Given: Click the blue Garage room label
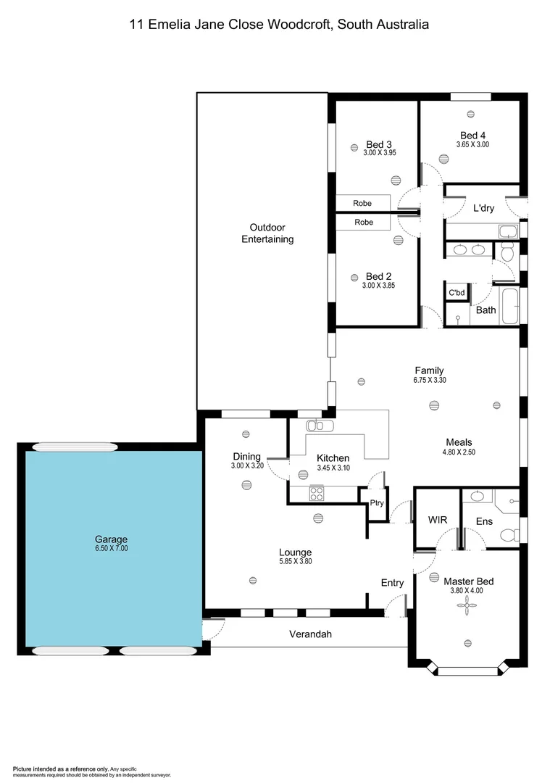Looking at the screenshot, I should tap(111, 539).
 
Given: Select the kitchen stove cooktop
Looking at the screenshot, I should tap(317, 493).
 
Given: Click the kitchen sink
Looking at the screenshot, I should tap(319, 426).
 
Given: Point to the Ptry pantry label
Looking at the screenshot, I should tap(377, 503).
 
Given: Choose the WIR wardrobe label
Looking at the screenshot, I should tap(438, 521).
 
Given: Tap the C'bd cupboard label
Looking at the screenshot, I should tap(457, 293).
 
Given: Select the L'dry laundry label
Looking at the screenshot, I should tap(483, 208).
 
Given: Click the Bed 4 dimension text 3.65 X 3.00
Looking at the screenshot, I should tap(472, 144).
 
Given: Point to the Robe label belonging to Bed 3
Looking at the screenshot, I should tap(363, 204).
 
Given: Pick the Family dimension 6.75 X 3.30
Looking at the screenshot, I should tap(429, 379).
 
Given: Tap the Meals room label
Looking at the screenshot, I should tap(459, 442).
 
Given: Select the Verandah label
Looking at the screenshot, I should tap(312, 634).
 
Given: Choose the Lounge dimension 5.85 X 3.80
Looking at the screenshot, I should tap(295, 561).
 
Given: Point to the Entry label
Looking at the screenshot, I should tap(392, 583).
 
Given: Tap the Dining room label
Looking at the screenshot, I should tap(246, 456).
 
